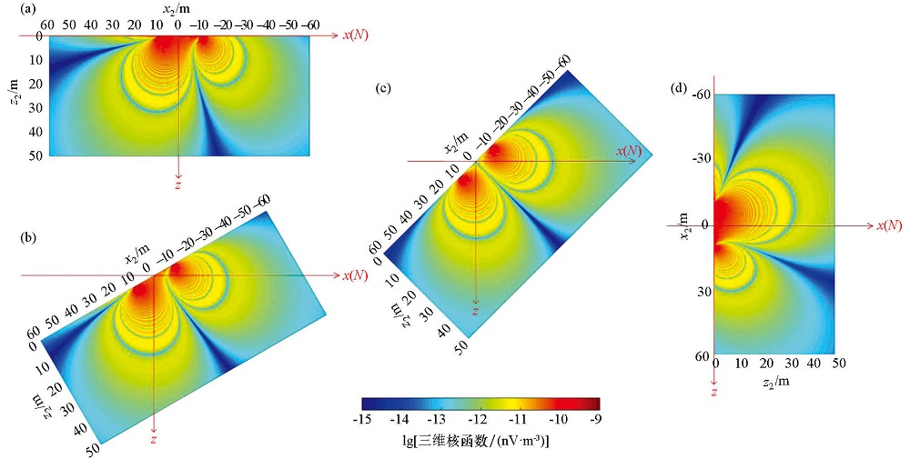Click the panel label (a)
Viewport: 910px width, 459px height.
11,10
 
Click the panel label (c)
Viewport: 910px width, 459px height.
384,88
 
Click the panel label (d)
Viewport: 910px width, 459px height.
678,88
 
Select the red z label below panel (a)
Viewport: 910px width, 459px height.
179,185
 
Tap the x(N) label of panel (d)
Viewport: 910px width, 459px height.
889,225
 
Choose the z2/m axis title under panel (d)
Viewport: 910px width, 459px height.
775,383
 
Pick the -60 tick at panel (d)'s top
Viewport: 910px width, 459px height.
701,95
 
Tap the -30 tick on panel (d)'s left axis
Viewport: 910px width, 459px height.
701,159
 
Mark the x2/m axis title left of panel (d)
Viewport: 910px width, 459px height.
682,225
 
